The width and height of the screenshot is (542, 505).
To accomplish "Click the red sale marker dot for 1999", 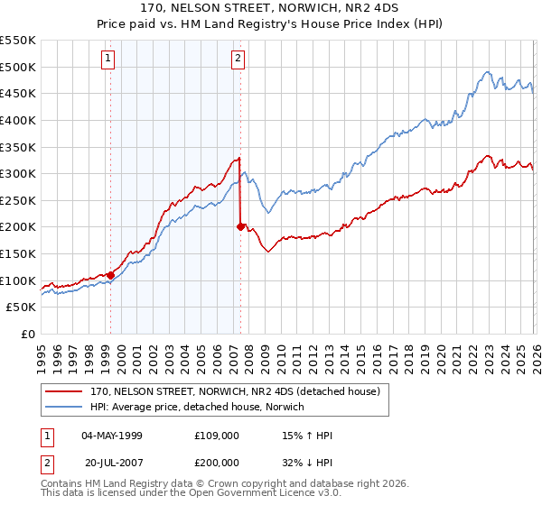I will (x=110, y=275).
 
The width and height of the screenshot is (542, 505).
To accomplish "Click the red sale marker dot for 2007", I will (x=240, y=226).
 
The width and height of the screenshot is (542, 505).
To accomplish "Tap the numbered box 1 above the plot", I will (x=108, y=60).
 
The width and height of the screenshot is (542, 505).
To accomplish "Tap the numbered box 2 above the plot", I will (x=238, y=60).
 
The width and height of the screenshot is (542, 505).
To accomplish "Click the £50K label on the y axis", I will (x=21, y=308).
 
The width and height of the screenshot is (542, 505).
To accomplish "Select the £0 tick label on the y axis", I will (x=28, y=334).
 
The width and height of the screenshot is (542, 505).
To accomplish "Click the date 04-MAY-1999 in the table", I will (x=112, y=436).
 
